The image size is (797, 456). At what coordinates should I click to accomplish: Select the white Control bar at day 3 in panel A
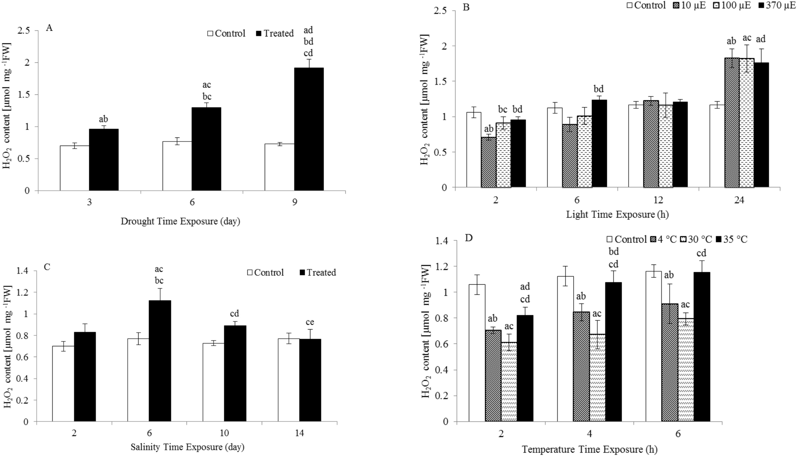tap(74, 168)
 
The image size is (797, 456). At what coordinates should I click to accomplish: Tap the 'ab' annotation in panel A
tap(103, 119)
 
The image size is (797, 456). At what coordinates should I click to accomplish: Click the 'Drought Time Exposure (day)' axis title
tap(180, 221)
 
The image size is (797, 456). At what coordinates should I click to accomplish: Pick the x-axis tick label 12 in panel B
tap(658, 201)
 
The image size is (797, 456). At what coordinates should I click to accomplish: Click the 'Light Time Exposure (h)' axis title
tap(617, 215)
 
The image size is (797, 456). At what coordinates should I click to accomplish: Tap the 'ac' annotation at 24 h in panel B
tap(747, 38)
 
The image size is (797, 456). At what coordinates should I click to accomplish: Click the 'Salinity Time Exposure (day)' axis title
tap(187, 447)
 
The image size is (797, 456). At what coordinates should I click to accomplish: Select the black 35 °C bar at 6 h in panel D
tap(702, 347)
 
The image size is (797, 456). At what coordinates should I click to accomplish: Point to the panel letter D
tap(469, 239)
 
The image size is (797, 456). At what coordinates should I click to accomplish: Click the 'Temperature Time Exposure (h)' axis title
tap(589, 450)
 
